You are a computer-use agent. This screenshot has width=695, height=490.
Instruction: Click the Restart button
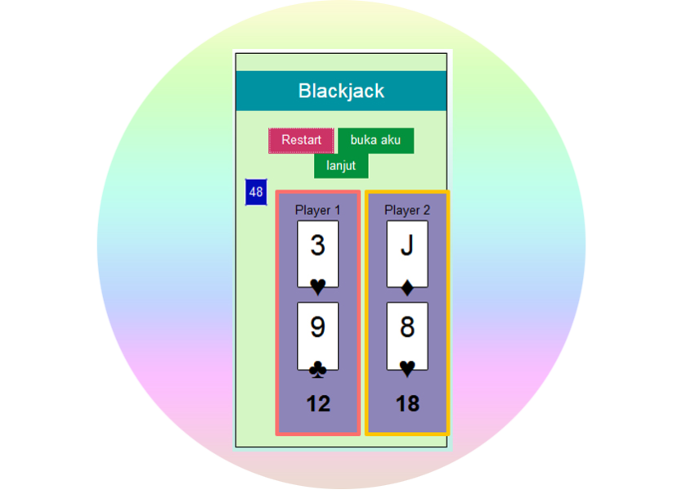coord(301,141)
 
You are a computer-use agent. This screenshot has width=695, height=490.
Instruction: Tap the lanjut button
coord(341,165)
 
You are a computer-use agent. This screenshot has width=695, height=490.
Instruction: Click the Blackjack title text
coord(341,91)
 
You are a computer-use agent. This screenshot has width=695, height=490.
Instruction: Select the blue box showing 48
coord(256,192)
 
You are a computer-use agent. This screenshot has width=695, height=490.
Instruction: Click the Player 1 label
coord(317,210)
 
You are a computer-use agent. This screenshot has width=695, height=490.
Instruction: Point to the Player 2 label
coord(407,210)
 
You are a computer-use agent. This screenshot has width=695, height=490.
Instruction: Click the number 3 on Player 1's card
coord(317,245)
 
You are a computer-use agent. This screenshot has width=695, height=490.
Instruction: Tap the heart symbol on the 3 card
coord(318,285)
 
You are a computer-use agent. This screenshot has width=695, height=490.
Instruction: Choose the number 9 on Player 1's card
coord(317,327)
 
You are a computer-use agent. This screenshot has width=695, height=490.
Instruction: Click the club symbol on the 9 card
coord(318,370)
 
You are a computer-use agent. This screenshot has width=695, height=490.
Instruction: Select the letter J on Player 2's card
coord(407,245)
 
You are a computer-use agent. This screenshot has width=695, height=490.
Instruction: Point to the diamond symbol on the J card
coord(407,287)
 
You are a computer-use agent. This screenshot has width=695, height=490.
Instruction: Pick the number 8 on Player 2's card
coord(407,327)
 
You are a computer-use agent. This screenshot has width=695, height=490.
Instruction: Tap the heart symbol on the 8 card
coord(407,369)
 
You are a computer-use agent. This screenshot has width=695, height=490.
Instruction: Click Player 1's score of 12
coord(318,403)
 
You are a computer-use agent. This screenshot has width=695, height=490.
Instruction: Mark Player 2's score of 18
coord(407,403)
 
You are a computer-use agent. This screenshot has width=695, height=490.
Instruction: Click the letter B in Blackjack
coord(304,91)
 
